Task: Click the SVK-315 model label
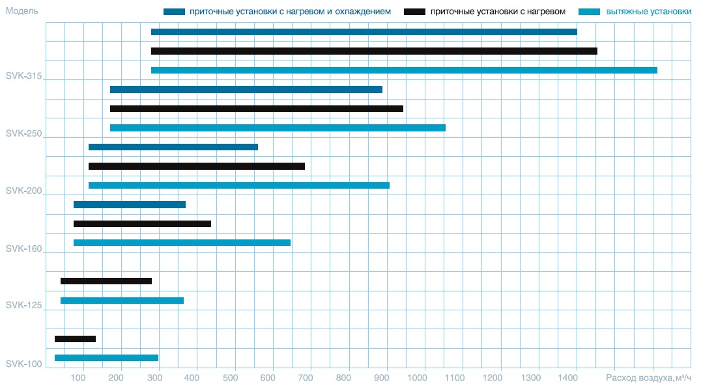[23, 76]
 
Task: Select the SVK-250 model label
[23, 133]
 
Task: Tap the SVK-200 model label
[23, 191]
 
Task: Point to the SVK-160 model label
[23, 249]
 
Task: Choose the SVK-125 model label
[23, 305]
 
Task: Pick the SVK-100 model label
[23, 364]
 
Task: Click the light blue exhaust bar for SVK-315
[404, 70]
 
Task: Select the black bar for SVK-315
[374, 51]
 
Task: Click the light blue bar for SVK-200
[238, 185]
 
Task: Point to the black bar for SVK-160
[142, 224]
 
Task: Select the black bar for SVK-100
[75, 339]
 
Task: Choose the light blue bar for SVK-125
[122, 301]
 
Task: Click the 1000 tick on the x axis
[425, 377]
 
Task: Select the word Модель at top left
[21, 11]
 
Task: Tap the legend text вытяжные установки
[640, 12]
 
